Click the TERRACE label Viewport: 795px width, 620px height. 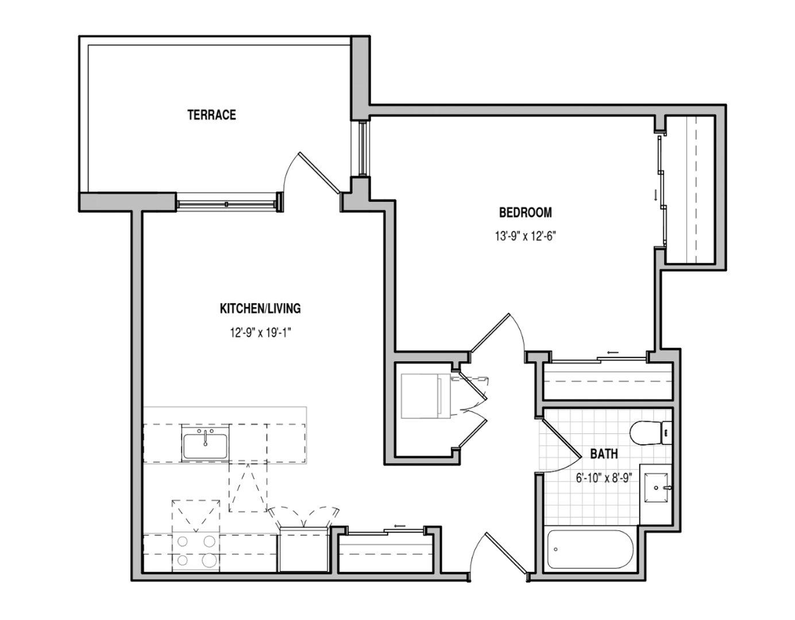[211, 115]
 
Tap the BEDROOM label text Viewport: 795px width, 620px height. [525, 212]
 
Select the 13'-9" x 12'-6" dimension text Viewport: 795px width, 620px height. [525, 235]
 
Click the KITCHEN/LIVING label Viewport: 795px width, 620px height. [260, 309]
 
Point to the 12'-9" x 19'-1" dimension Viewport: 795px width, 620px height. [260, 332]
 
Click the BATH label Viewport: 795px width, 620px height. [604, 454]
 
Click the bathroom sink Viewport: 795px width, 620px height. [657, 487]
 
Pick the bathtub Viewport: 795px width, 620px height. [591, 550]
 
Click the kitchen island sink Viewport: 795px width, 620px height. [205, 443]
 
